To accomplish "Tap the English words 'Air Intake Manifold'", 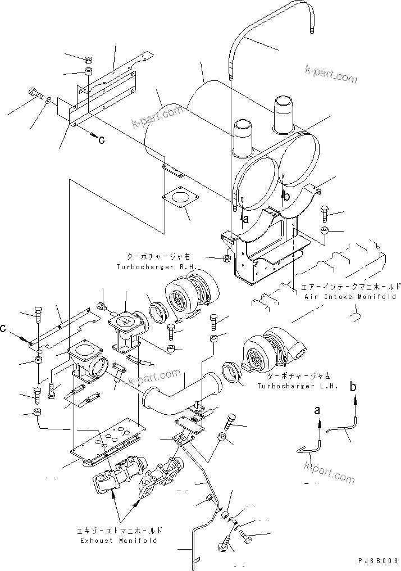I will point(349,296).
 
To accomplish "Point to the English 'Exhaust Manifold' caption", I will point(117,540).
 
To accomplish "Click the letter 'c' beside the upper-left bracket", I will point(101,140).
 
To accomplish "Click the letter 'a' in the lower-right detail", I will point(318,411).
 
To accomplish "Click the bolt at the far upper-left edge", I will point(35,92).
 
